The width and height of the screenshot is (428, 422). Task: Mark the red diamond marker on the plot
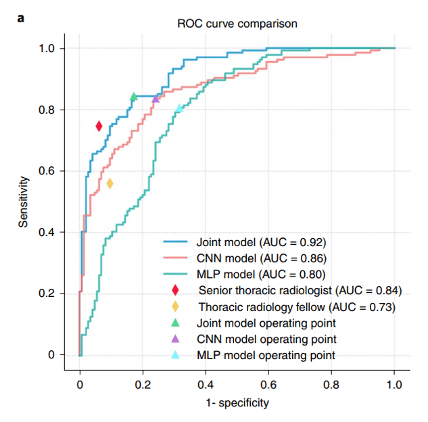[x=99, y=126]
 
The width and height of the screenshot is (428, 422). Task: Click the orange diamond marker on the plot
[x=110, y=183]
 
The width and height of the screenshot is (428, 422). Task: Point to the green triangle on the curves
[x=134, y=97]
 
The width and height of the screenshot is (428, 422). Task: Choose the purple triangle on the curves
[x=156, y=99]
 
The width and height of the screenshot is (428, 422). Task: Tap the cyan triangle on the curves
[x=179, y=108]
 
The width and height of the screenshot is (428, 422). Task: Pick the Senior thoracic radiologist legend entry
[x=300, y=290]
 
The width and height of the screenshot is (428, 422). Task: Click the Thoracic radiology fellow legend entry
[x=297, y=306]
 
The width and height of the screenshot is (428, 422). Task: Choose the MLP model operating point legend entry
[x=266, y=355]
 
